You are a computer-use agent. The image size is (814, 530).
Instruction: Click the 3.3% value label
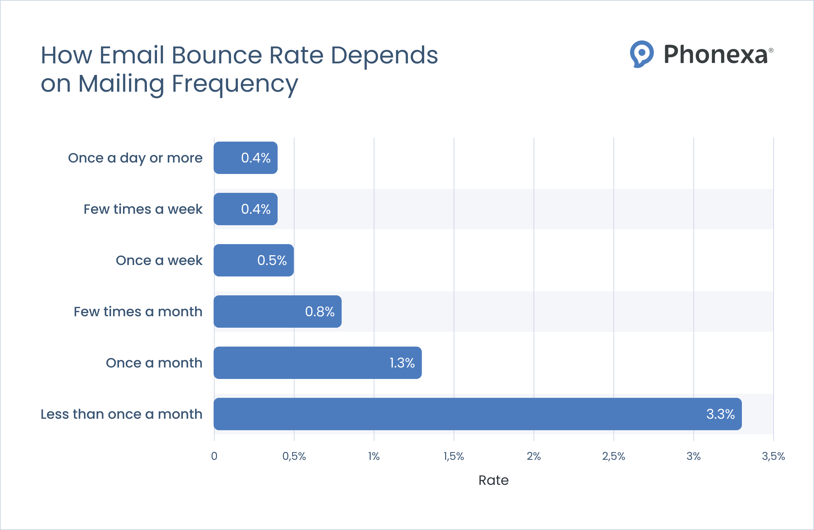(x=720, y=414)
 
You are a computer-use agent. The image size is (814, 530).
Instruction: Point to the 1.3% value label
(x=402, y=363)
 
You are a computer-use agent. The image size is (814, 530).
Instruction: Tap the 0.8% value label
(x=320, y=312)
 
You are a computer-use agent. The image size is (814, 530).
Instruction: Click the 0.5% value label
(x=272, y=260)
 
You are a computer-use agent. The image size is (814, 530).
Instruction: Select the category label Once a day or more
(x=135, y=158)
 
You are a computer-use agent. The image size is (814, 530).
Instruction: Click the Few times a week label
(x=143, y=209)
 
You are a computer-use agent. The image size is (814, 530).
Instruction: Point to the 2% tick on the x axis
(x=534, y=456)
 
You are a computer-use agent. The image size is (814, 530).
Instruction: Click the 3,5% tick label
(x=773, y=456)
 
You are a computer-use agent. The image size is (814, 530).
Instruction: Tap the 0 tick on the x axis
(x=214, y=456)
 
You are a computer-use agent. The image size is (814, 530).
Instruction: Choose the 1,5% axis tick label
(x=453, y=456)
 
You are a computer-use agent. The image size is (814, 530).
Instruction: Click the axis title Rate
(x=493, y=480)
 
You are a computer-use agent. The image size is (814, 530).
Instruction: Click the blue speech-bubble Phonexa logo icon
(x=641, y=54)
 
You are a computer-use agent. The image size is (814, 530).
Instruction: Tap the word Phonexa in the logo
(x=716, y=54)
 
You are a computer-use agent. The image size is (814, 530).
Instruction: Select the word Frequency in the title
(x=234, y=84)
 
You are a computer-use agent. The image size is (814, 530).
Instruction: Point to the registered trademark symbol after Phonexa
(x=771, y=50)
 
